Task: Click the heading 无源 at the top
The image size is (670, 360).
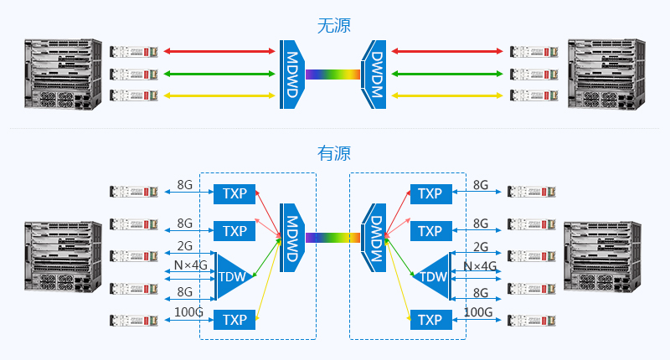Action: click(x=334, y=25)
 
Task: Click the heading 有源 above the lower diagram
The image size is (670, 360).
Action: click(x=334, y=153)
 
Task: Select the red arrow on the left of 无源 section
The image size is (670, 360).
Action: click(x=220, y=52)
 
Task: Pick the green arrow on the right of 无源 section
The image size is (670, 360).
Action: click(x=447, y=74)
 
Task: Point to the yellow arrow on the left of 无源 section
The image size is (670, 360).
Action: click(x=220, y=95)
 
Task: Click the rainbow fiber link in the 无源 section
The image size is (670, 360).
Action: click(x=332, y=74)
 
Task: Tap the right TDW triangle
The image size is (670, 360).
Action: click(x=432, y=276)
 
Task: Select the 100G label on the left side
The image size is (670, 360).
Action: click(x=188, y=312)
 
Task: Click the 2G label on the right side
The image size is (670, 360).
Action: click(x=481, y=247)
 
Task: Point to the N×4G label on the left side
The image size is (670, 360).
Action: click(x=190, y=265)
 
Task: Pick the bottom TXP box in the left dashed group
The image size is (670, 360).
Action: click(x=234, y=320)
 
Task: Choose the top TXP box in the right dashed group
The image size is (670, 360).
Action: click(x=430, y=193)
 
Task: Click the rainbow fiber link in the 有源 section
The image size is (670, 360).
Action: click(x=332, y=238)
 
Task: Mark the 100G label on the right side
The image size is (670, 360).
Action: click(x=477, y=312)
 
